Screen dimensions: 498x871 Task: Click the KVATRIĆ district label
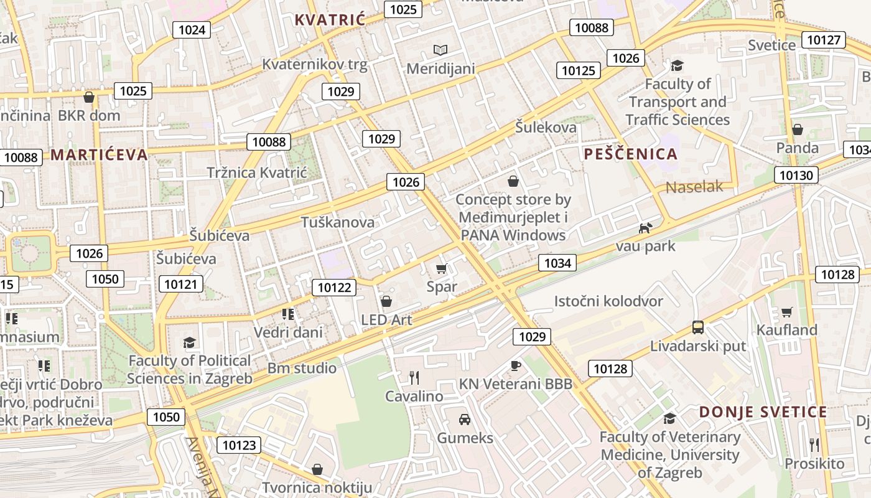[x=330, y=20]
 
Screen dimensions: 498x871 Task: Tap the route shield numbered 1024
[x=192, y=30]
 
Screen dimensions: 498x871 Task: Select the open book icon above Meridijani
[x=440, y=50]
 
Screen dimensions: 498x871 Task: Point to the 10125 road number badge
[x=579, y=70]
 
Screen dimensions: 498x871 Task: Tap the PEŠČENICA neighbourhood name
[x=631, y=154]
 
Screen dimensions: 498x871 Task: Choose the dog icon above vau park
[x=646, y=228]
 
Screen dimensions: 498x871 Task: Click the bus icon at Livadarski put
[x=698, y=327]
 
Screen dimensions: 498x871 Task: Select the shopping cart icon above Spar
[x=442, y=269]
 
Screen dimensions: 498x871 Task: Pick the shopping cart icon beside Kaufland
[x=787, y=312]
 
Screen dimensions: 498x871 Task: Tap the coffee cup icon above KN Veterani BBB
[x=515, y=365]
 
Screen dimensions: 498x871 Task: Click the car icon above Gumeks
[x=465, y=419]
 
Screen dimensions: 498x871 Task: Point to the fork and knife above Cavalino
[x=414, y=377]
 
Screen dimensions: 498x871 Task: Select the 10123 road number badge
[x=239, y=445]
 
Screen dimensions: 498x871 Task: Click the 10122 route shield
[x=334, y=287]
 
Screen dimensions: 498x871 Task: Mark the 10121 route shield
[x=181, y=284]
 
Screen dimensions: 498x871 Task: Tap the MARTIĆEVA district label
[x=100, y=155]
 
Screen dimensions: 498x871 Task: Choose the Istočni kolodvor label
[x=608, y=301]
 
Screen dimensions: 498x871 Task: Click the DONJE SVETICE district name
[x=763, y=412]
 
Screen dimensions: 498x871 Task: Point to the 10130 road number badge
[x=796, y=175]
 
